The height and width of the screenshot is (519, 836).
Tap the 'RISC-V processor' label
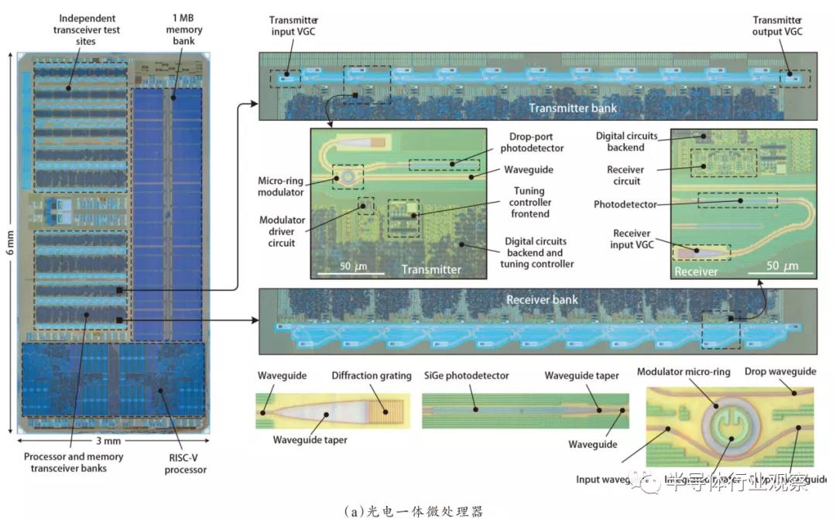point(186,463)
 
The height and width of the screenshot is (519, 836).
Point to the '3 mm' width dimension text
point(109,440)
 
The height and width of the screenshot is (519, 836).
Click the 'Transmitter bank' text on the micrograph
point(572,108)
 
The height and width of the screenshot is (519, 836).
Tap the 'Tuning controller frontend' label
point(529,202)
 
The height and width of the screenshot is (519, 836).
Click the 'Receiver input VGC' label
point(637,239)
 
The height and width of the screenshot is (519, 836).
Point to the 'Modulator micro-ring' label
point(684,372)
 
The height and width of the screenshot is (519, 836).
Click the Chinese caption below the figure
point(417,510)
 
